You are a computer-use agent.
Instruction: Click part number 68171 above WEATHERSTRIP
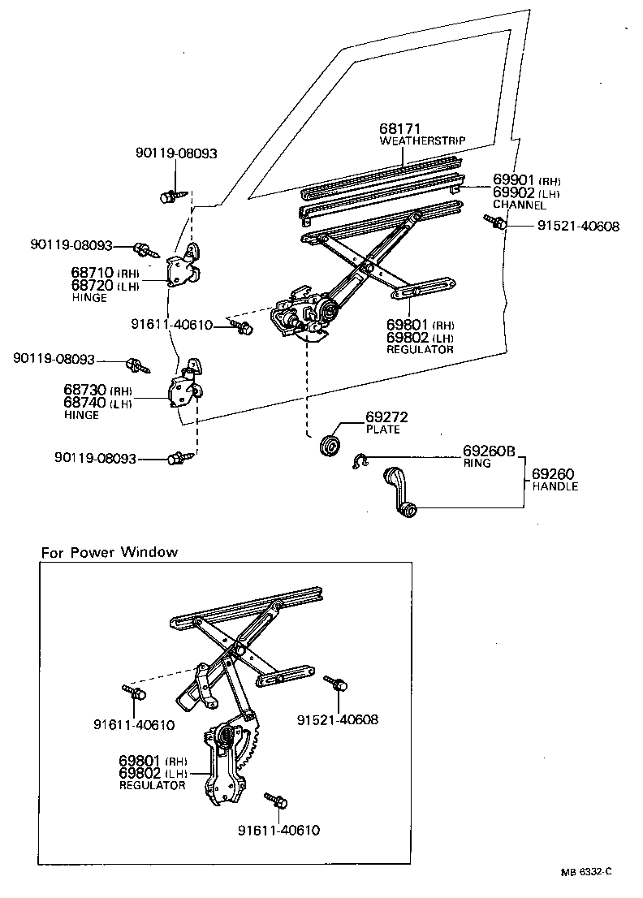399,129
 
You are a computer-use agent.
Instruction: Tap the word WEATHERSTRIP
422,141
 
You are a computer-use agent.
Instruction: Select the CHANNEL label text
520,205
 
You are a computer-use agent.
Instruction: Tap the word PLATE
383,430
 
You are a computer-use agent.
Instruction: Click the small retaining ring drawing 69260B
360,460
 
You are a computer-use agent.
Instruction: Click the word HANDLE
555,487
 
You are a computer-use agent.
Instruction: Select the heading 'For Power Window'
110,553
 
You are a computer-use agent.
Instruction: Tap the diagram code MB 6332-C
585,872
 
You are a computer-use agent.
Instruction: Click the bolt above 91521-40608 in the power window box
336,683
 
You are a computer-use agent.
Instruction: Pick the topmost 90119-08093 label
176,153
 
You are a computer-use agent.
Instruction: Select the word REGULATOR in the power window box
153,786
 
